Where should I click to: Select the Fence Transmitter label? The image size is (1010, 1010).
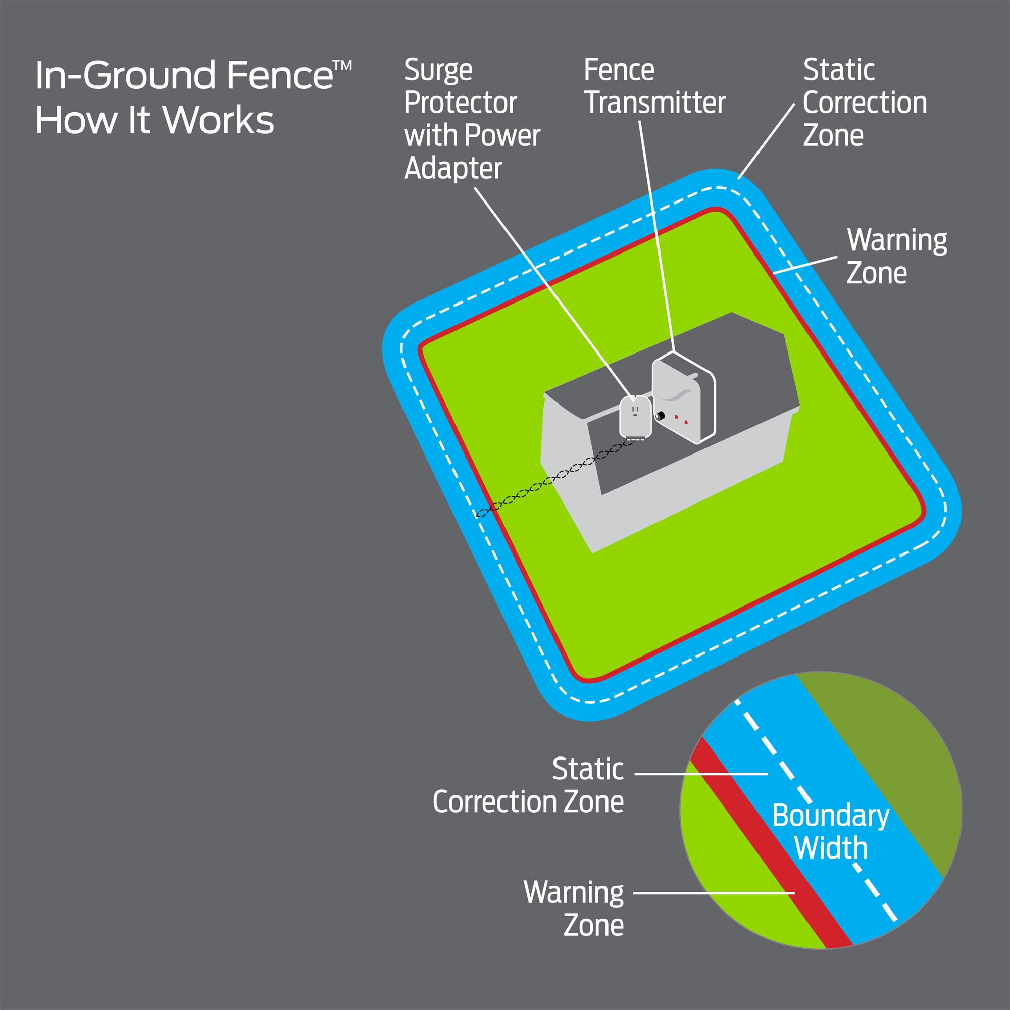click(654, 86)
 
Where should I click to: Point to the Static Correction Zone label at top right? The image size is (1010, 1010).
click(864, 103)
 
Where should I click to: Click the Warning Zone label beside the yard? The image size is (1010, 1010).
click(896, 256)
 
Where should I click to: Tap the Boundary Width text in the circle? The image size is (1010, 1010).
click(831, 832)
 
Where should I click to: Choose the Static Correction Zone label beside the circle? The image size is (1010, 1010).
click(528, 785)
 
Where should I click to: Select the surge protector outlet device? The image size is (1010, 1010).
click(635, 417)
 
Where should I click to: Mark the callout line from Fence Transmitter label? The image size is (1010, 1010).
click(655, 235)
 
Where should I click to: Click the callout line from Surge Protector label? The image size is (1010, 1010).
click(554, 293)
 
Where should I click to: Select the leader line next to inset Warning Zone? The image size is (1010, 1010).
click(714, 893)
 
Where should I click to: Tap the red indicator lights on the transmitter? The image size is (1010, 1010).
click(681, 419)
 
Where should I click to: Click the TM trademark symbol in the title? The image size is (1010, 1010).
click(342, 65)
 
